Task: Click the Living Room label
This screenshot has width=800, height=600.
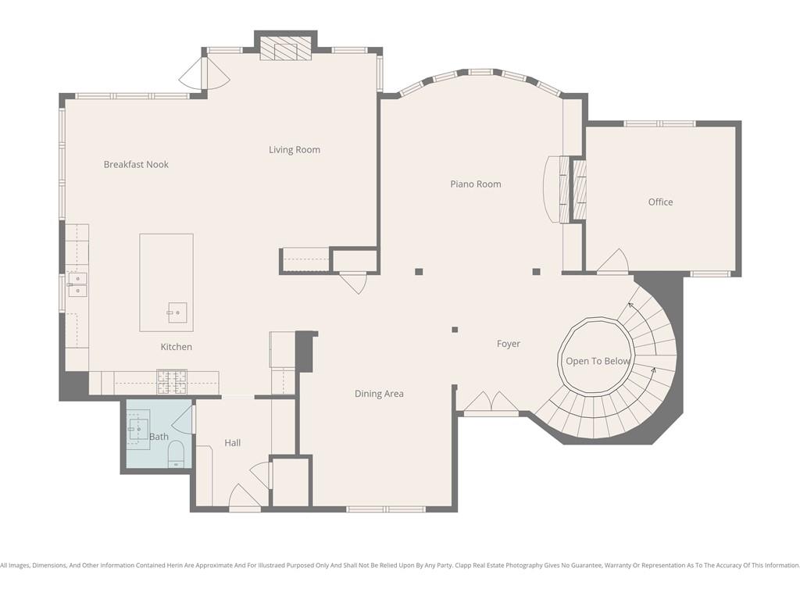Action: click(295, 149)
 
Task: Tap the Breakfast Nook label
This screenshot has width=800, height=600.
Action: click(136, 164)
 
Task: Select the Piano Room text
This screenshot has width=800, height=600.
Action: click(476, 184)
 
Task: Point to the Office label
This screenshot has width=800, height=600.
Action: click(660, 202)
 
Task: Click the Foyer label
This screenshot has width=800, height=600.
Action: click(508, 344)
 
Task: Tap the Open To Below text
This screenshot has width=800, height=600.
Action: click(598, 361)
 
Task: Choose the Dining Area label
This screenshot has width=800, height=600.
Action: click(379, 394)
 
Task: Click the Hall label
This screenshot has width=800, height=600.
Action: click(233, 443)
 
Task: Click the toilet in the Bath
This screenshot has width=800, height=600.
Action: click(176, 454)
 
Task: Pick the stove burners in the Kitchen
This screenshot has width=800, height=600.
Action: click(172, 381)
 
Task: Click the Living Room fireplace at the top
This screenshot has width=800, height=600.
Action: click(286, 48)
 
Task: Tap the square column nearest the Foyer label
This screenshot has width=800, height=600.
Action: click(455, 330)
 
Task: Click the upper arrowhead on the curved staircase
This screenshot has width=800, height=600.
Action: click(630, 305)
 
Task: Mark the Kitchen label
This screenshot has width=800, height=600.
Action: click(177, 347)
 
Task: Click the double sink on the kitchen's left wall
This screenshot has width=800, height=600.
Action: click(77, 284)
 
